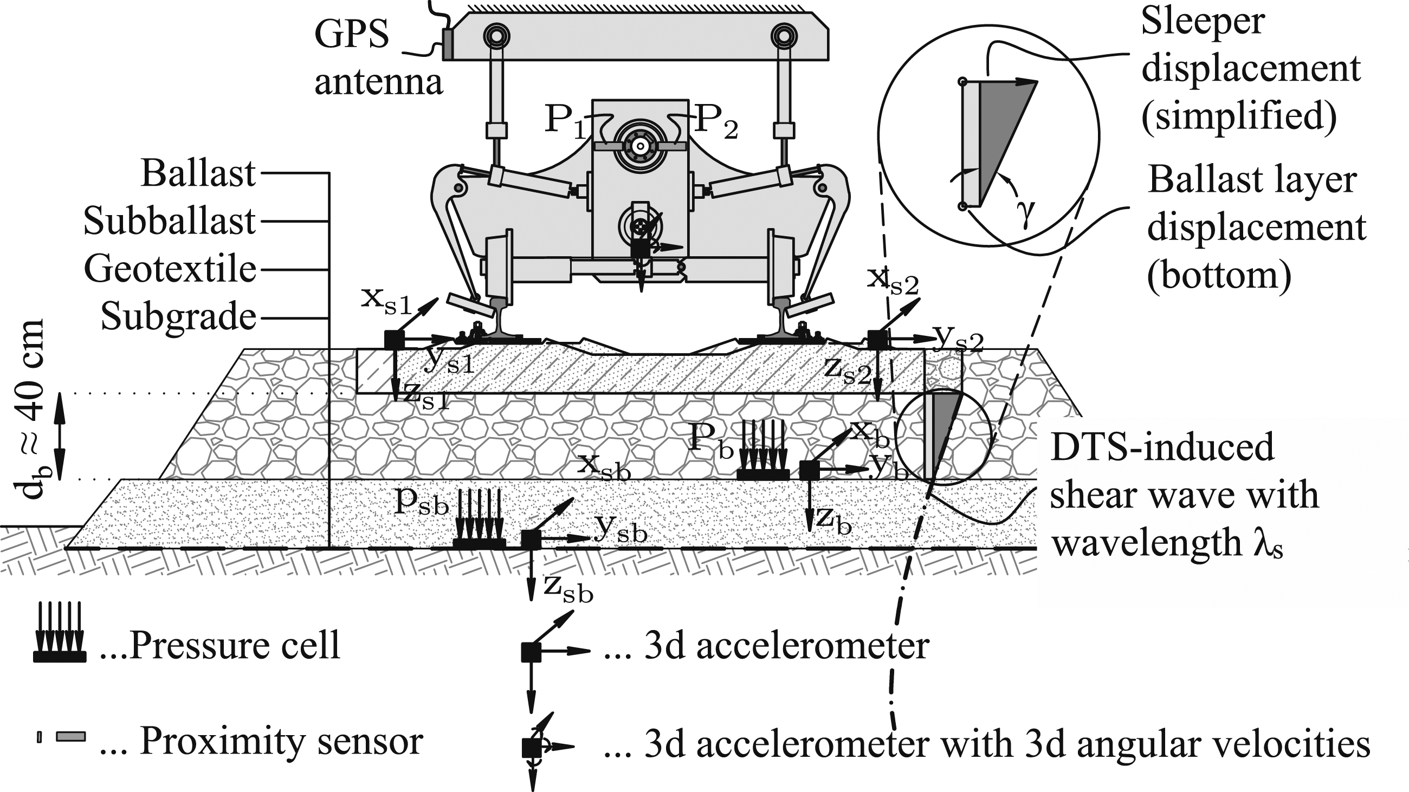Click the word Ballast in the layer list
(198, 174)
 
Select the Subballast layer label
(170, 222)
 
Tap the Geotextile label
(170, 269)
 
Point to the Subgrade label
(178, 317)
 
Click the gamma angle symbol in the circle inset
(1026, 211)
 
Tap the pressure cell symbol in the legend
(60, 632)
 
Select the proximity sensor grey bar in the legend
(70, 736)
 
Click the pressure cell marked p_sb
(479, 519)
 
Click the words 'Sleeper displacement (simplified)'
(1250, 69)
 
